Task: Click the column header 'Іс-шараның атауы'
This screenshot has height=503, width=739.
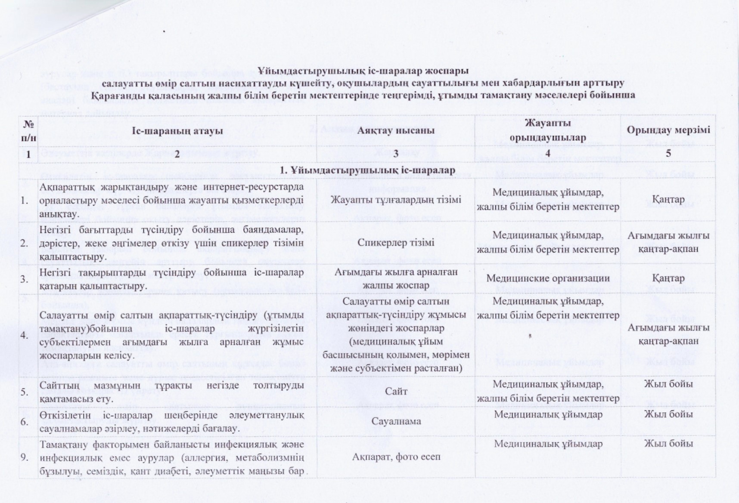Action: pyautogui.click(x=177, y=130)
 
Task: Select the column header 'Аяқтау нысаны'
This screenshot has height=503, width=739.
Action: pyautogui.click(x=396, y=130)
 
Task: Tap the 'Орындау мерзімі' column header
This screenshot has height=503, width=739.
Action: pyautogui.click(x=668, y=130)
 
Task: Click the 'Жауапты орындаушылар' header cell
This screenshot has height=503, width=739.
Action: pyautogui.click(x=547, y=130)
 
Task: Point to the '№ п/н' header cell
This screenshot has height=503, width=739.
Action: pyautogui.click(x=28, y=131)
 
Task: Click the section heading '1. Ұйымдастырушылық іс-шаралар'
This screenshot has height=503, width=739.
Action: pyautogui.click(x=367, y=170)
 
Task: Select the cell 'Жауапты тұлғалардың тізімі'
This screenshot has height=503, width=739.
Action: pyautogui.click(x=396, y=200)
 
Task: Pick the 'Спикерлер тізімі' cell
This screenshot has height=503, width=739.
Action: pyautogui.click(x=396, y=242)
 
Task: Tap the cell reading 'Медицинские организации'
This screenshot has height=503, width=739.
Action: pyautogui.click(x=548, y=278)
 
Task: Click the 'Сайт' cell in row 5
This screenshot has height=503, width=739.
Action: pyautogui.click(x=396, y=392)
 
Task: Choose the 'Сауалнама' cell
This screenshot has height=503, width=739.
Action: pyautogui.click(x=396, y=421)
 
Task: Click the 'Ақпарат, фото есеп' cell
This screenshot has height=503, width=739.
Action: pyautogui.click(x=396, y=457)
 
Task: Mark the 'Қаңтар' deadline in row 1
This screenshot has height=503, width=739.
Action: pyautogui.click(x=668, y=200)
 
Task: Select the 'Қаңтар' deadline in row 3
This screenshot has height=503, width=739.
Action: pyautogui.click(x=668, y=278)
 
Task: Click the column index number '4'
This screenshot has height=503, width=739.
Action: pyautogui.click(x=547, y=153)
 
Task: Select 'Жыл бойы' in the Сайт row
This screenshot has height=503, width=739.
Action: pyautogui.click(x=668, y=384)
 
